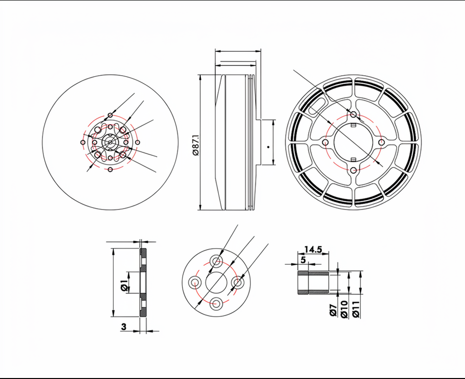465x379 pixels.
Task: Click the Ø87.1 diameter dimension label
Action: pos(196,145)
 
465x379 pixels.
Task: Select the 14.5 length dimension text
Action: pos(313,250)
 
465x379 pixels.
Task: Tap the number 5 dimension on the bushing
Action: pos(303,260)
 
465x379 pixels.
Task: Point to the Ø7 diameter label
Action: pos(333,310)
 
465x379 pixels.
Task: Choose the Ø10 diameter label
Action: pos(344,309)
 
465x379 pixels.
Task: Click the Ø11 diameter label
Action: pos(356,309)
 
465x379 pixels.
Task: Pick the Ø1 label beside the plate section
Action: pos(124,286)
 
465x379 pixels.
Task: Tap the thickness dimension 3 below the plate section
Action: pos(124,327)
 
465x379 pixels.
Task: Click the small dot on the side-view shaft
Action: pos(268,147)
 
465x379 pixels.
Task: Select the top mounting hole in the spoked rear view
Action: pos(353,114)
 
